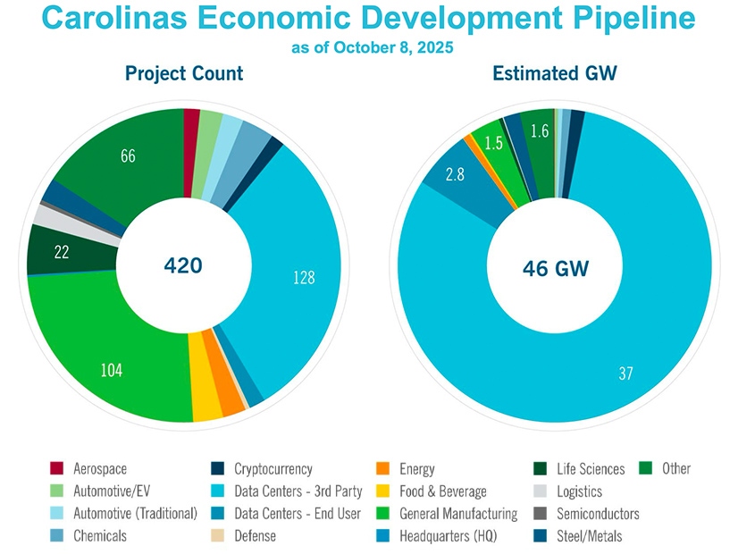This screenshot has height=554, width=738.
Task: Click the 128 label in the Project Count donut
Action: point(304,278)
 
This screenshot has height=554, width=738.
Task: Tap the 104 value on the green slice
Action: point(111,370)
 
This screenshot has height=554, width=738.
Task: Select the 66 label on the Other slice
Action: point(128,156)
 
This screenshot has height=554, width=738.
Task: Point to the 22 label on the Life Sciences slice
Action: point(62,253)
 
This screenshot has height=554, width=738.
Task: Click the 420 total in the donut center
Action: point(183,265)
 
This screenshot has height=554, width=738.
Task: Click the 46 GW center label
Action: point(553,266)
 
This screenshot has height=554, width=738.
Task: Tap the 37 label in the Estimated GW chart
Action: point(625,374)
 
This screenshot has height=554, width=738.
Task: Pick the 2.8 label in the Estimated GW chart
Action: point(454,174)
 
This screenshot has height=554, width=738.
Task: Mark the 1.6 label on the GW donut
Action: point(539,131)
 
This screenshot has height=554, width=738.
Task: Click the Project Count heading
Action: point(184,74)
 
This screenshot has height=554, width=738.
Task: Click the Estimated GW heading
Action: point(554,74)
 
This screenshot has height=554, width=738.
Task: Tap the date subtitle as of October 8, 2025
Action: point(373,47)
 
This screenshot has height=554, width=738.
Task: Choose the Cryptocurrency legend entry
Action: point(273,469)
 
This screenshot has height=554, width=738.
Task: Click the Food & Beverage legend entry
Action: point(443,491)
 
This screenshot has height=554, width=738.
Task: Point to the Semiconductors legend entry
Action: point(597,514)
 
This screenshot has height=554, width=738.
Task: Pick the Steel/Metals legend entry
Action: point(589,536)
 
